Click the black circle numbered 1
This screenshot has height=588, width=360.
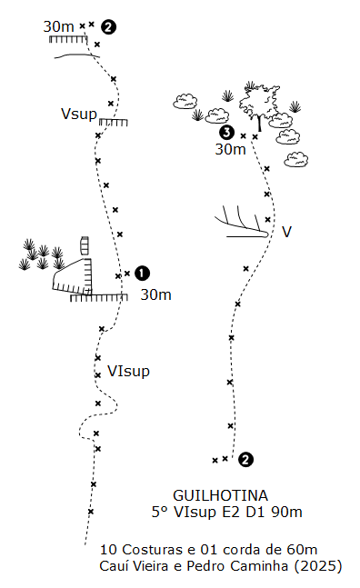(142, 274)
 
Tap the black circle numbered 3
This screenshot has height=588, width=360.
(227, 133)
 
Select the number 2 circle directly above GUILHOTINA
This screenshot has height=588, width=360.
(246, 460)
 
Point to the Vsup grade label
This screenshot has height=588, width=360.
(79, 114)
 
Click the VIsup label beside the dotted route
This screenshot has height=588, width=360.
(128, 372)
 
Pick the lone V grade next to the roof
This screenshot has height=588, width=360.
(287, 232)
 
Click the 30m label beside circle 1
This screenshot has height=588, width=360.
(156, 295)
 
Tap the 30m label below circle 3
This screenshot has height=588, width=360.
(230, 150)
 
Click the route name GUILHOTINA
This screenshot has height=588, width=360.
(221, 495)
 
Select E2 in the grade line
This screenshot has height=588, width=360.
(231, 513)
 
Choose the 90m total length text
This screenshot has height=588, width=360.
(287, 513)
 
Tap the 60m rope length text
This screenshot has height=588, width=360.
(302, 550)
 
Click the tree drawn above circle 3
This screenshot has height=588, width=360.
(259, 105)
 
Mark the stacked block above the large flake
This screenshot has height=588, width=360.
(85, 245)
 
